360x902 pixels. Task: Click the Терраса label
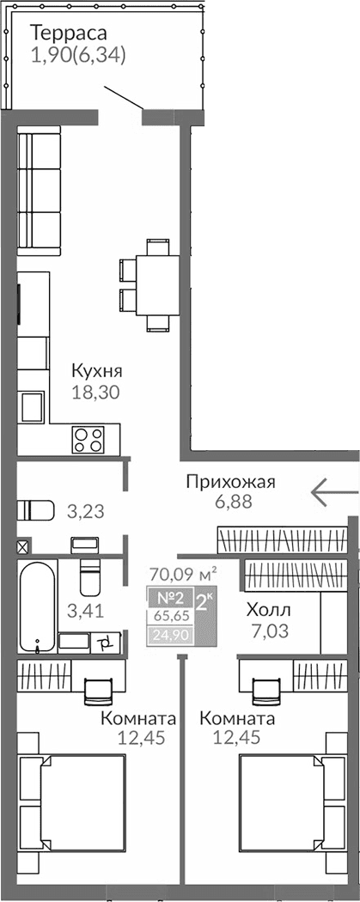[68, 34]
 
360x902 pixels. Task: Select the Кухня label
[97, 372]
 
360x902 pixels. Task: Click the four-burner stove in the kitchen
[88, 439]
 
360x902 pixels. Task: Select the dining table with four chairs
[156, 283]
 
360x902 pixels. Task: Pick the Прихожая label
[230, 482]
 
